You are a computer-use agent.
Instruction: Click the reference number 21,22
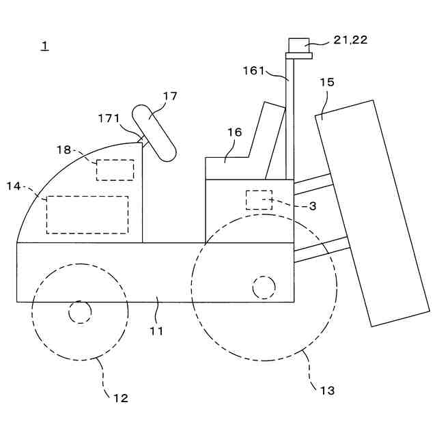[350, 40]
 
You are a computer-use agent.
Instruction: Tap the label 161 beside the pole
[254, 70]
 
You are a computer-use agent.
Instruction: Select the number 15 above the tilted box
[327, 83]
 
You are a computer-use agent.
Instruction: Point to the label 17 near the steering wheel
[170, 96]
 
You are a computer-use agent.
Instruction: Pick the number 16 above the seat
[234, 132]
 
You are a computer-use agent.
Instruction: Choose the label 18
[64, 150]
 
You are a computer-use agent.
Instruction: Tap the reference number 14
[14, 186]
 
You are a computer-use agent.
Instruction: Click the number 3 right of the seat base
[312, 206]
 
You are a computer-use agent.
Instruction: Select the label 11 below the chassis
[157, 331]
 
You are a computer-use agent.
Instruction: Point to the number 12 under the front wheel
[120, 398]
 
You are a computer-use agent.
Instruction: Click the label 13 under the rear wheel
[327, 391]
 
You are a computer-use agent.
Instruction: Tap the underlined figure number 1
[44, 46]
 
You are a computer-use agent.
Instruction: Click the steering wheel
[154, 132]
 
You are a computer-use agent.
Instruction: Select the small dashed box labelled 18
[115, 169]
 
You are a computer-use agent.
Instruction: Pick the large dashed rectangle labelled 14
[87, 214]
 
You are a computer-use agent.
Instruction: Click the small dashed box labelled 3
[259, 200]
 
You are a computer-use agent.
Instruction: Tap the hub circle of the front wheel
[80, 312]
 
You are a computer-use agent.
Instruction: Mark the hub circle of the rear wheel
[264, 287]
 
